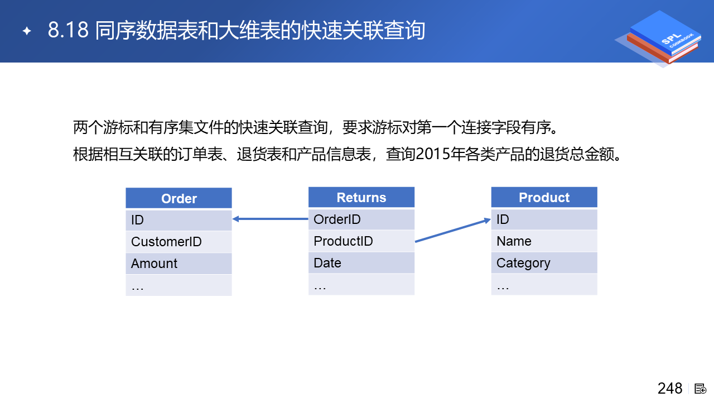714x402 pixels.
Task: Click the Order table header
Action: pos(179,198)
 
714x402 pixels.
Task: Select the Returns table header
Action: pos(361,197)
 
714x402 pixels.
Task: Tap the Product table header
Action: pos(544,197)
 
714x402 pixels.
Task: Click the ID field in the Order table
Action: pos(179,220)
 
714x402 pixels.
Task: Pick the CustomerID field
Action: pos(179,242)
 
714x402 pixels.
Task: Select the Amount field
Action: pos(179,263)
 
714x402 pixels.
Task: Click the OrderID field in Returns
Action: pos(361,219)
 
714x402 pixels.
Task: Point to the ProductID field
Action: pos(361,241)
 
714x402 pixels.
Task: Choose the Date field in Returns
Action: pos(361,262)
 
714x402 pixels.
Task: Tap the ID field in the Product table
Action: pos(544,219)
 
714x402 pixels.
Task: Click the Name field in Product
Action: pos(544,241)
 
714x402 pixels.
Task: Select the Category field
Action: pos(544,262)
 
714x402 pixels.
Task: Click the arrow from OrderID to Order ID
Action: pos(271,219)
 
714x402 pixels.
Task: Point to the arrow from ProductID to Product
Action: pos(452,231)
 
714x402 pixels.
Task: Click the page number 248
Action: pos(670,389)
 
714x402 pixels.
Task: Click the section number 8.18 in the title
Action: pos(68,30)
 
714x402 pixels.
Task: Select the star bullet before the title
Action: pos(27,31)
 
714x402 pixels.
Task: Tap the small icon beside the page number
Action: pos(700,389)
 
